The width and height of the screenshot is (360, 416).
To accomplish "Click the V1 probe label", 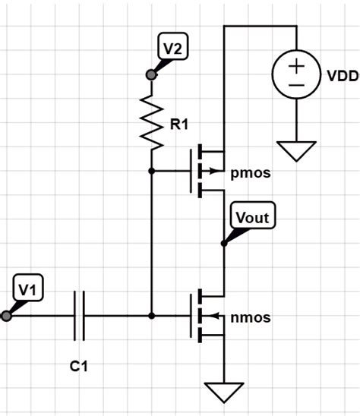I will (27, 289).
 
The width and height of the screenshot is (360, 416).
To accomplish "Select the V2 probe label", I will (172, 49).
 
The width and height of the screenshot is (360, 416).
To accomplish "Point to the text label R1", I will (178, 124).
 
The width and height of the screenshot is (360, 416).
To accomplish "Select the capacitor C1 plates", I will (79, 315).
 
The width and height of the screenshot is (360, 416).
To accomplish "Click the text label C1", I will (79, 367).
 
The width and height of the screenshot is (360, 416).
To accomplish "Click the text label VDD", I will (343, 77).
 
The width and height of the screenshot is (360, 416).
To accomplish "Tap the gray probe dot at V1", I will (7, 315).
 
